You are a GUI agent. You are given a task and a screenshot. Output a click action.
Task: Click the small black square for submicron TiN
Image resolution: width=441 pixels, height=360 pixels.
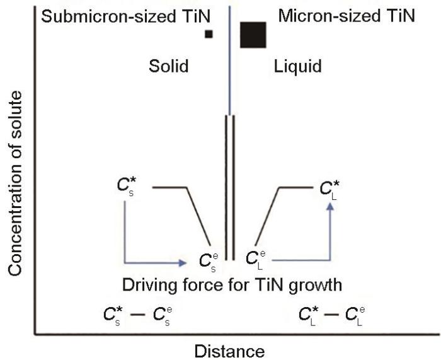pos(209,34)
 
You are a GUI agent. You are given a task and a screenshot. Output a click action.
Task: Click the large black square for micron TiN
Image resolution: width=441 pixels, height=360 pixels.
pos(253,35)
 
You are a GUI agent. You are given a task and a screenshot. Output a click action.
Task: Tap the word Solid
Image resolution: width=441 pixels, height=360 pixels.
pos(168,66)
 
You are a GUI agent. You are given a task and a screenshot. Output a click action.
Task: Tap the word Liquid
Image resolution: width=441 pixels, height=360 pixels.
pos(298,67)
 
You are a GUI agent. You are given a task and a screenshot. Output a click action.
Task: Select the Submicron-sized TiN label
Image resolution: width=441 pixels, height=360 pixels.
pos(126,16)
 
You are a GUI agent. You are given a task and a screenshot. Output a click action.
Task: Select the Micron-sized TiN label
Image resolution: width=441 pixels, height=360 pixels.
pos(346,16)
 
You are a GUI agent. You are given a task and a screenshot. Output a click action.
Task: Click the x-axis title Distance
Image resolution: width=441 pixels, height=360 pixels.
pos(229,351)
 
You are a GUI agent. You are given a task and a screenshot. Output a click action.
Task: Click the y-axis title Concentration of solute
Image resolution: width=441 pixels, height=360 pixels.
pos(15,183)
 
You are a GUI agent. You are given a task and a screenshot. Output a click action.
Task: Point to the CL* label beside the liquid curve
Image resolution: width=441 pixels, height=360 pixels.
pos(329,190)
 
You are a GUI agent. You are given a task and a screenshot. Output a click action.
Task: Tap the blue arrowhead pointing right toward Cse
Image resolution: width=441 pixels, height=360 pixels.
pos(183,263)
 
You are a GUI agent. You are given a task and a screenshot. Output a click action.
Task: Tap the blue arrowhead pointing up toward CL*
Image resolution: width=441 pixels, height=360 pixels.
pos(330,207)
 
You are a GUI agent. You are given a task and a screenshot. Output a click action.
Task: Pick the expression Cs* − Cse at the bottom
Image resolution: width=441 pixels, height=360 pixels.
pos(137,315)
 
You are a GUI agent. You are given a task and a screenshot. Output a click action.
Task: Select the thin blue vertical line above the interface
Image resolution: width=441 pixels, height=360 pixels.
pos(230,61)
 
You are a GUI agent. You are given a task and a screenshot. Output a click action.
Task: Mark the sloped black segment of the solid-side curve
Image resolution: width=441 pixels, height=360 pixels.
pos(198,216)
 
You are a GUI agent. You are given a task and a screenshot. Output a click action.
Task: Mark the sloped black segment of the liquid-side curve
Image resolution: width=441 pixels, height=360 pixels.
pos(267,216)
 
